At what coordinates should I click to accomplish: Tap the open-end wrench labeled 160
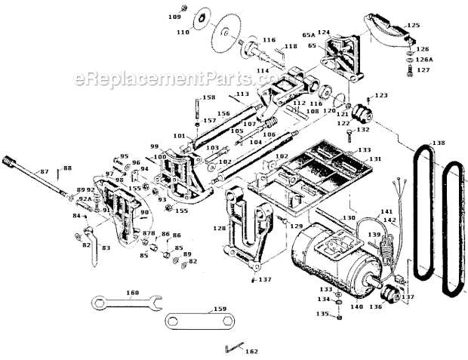[x=124, y=303]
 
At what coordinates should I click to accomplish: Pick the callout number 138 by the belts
[x=439, y=143]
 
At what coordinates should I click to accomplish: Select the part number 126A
[x=425, y=59]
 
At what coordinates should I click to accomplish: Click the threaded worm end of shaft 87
[x=10, y=161]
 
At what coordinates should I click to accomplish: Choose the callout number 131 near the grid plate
[x=375, y=159]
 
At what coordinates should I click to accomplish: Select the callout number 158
[x=208, y=98]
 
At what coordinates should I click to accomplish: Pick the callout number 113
[x=242, y=94]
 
